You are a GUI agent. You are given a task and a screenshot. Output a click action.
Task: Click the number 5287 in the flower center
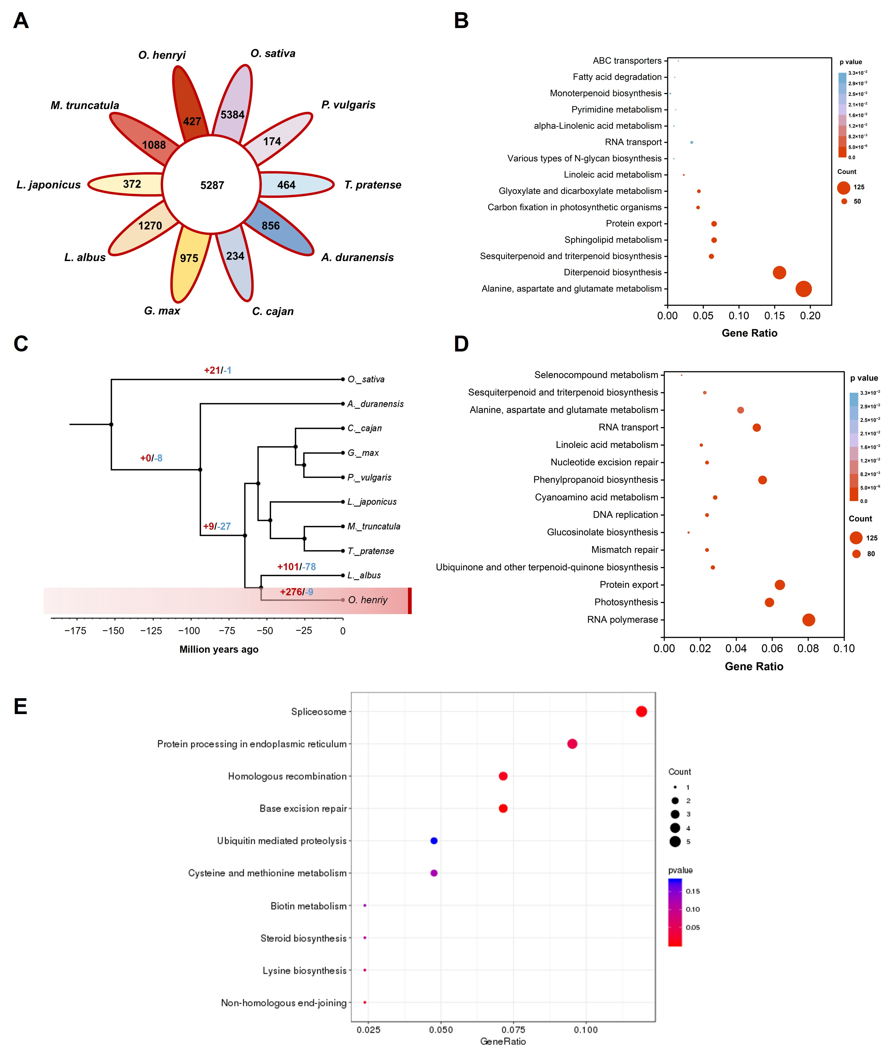pyautogui.click(x=212, y=185)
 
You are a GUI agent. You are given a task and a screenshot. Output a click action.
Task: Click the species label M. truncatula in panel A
pyautogui.click(x=85, y=105)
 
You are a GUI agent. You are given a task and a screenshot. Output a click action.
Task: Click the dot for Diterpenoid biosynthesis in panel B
pyautogui.click(x=779, y=273)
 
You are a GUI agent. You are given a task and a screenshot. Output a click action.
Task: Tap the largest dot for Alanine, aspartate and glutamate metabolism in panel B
pyautogui.click(x=803, y=289)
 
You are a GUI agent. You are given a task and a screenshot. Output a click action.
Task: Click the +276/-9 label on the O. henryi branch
pyautogui.click(x=296, y=592)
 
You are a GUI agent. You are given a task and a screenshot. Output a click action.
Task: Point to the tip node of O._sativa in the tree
pyautogui.click(x=343, y=379)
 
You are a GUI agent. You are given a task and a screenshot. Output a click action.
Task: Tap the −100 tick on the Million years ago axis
pyautogui.click(x=189, y=631)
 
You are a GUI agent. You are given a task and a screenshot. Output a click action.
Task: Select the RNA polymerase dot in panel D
pyautogui.click(x=808, y=620)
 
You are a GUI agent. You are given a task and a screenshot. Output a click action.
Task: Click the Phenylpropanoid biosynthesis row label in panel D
pyautogui.click(x=596, y=480)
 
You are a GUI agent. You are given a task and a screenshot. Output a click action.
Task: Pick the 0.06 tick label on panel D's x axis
pyautogui.click(x=772, y=648)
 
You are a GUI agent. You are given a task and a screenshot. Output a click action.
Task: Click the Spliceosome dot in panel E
pyautogui.click(x=641, y=711)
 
